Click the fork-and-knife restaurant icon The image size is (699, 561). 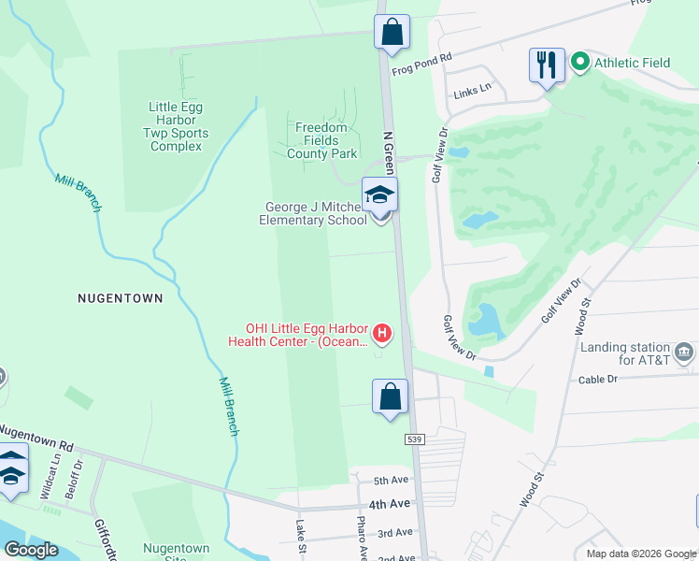(x=547, y=65)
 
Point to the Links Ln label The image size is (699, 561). (x=472, y=91)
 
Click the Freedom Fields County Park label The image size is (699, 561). (x=321, y=140)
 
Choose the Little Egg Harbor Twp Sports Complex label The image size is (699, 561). (x=176, y=126)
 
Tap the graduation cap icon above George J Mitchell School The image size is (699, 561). (x=380, y=194)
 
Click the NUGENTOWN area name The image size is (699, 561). (x=120, y=298)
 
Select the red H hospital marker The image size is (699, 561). (x=381, y=332)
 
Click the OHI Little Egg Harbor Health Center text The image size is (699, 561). (x=306, y=335)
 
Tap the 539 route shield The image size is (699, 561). (x=416, y=439)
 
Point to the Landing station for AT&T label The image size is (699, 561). (x=625, y=352)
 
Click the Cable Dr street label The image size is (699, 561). (x=598, y=380)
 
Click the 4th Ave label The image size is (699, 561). (x=389, y=504)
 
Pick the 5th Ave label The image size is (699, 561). (x=392, y=481)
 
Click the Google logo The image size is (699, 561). (x=31, y=549)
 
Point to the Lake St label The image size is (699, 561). (x=302, y=539)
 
